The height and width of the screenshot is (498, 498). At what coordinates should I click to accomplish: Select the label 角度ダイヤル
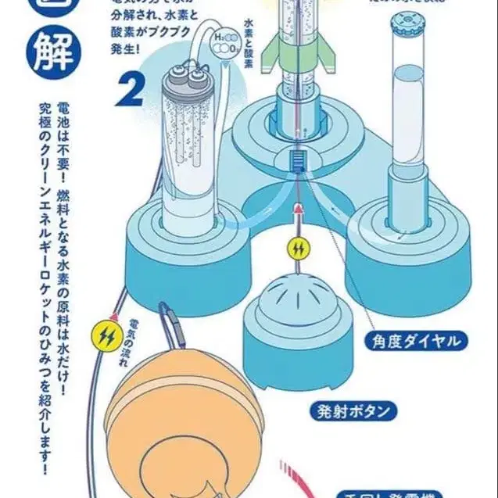coord(416,341)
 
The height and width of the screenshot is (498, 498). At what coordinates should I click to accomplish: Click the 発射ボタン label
coord(364,410)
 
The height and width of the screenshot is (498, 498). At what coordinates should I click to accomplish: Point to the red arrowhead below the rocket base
coord(298,208)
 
